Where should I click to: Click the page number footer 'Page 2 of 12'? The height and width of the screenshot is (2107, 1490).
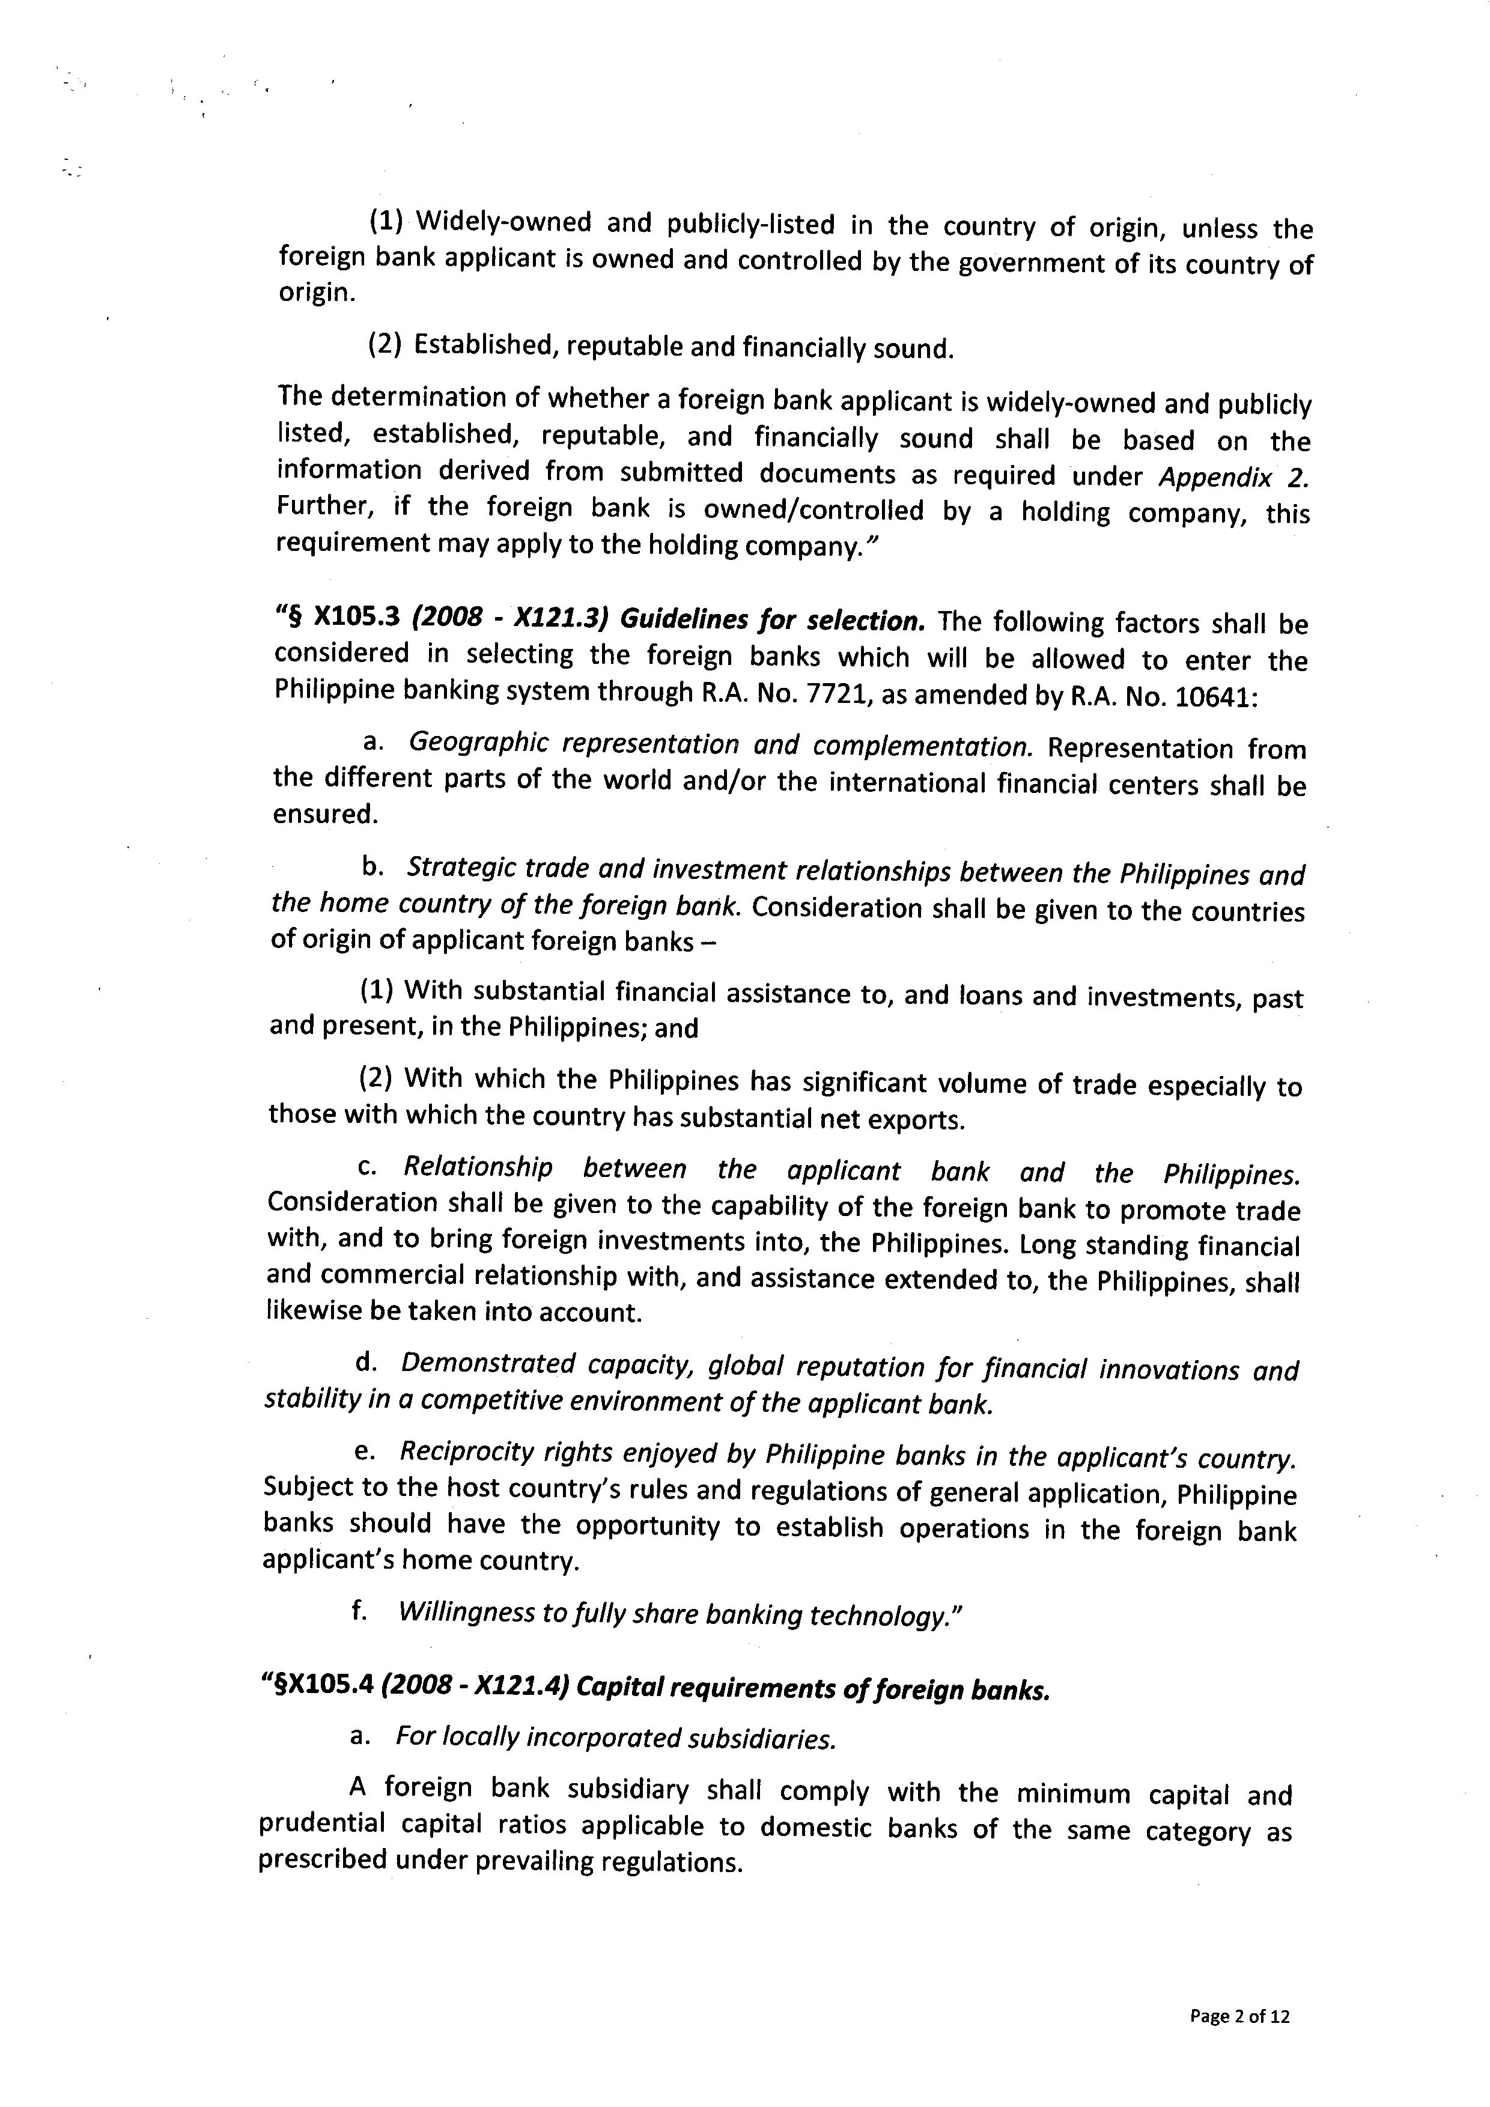click(x=1239, y=2009)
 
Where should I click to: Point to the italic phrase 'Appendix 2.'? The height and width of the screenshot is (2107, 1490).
click(x=1232, y=477)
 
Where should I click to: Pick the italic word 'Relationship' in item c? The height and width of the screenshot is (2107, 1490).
click(x=478, y=1168)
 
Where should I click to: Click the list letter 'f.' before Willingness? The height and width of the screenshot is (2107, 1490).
click(x=360, y=1611)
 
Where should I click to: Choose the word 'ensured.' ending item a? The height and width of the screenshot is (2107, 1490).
click(x=325, y=815)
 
